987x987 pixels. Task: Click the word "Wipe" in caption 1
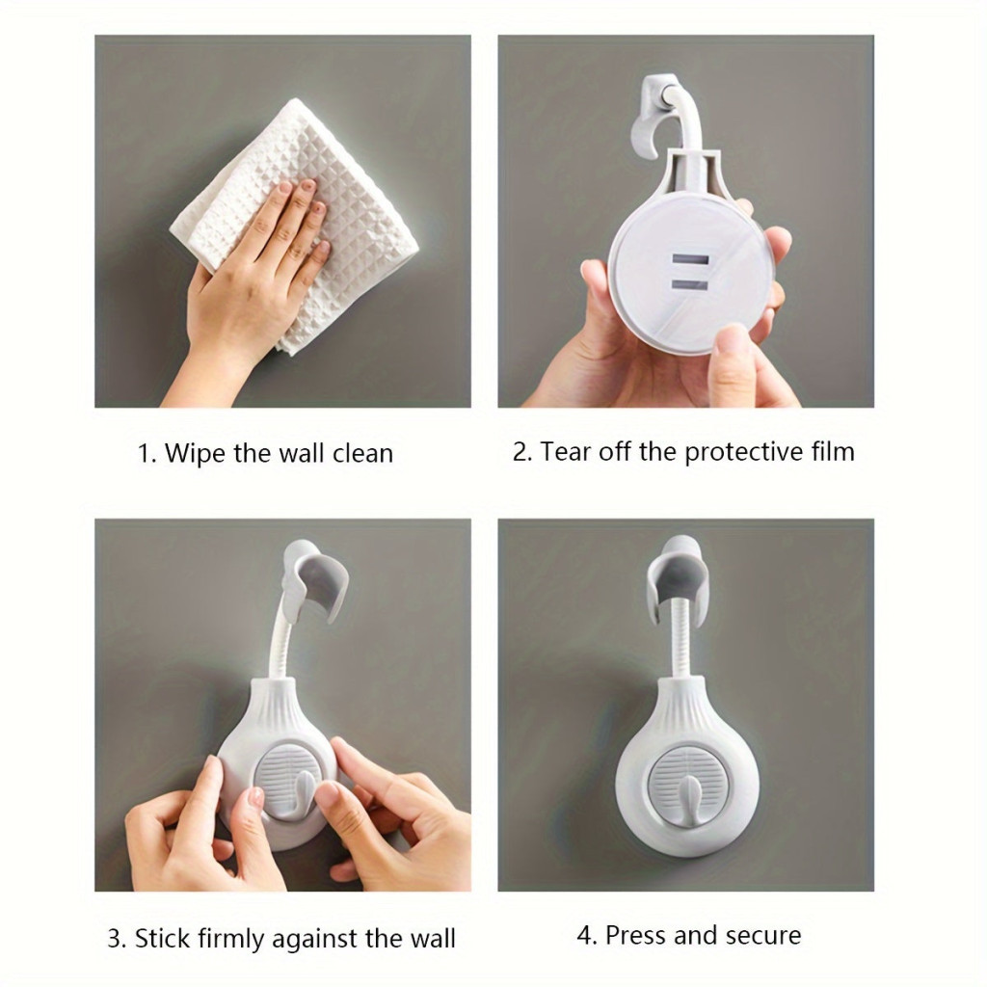click(x=196, y=453)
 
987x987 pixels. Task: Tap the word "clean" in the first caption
click(x=362, y=453)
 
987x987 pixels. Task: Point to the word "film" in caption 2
click(x=832, y=451)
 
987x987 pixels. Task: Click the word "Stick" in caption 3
click(x=163, y=938)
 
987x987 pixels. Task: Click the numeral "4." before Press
click(x=587, y=935)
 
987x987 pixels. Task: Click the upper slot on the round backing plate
click(x=690, y=259)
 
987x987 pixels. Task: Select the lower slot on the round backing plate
click(x=690, y=285)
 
